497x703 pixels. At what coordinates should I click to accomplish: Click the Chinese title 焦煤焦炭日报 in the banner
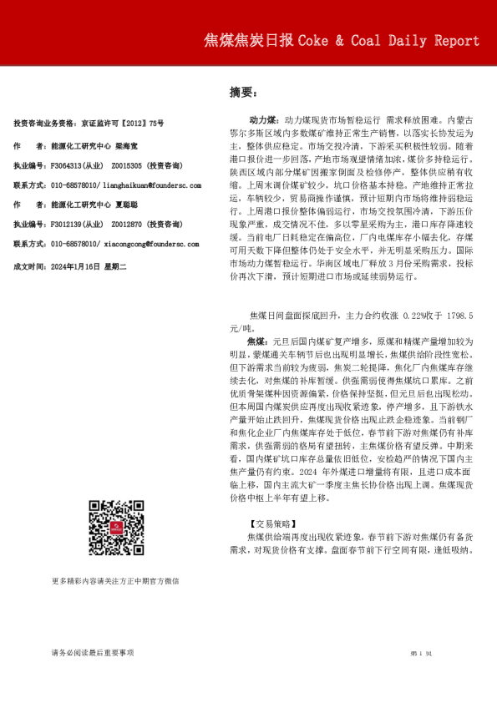click(x=248, y=41)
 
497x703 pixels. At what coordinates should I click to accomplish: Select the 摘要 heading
click(x=243, y=92)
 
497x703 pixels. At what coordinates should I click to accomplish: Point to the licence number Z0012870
click(x=125, y=225)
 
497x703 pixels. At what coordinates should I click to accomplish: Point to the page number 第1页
click(x=419, y=652)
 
